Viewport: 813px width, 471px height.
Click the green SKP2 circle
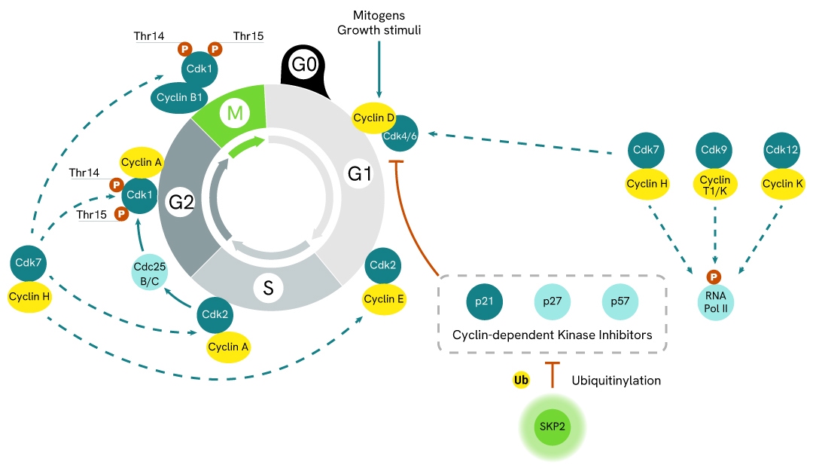click(x=553, y=426)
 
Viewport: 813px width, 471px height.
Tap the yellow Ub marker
click(x=520, y=381)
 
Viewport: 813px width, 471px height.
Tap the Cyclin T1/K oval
click(x=714, y=185)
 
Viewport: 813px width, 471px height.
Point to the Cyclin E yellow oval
click(x=384, y=299)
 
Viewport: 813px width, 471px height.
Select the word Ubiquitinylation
click(x=615, y=381)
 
